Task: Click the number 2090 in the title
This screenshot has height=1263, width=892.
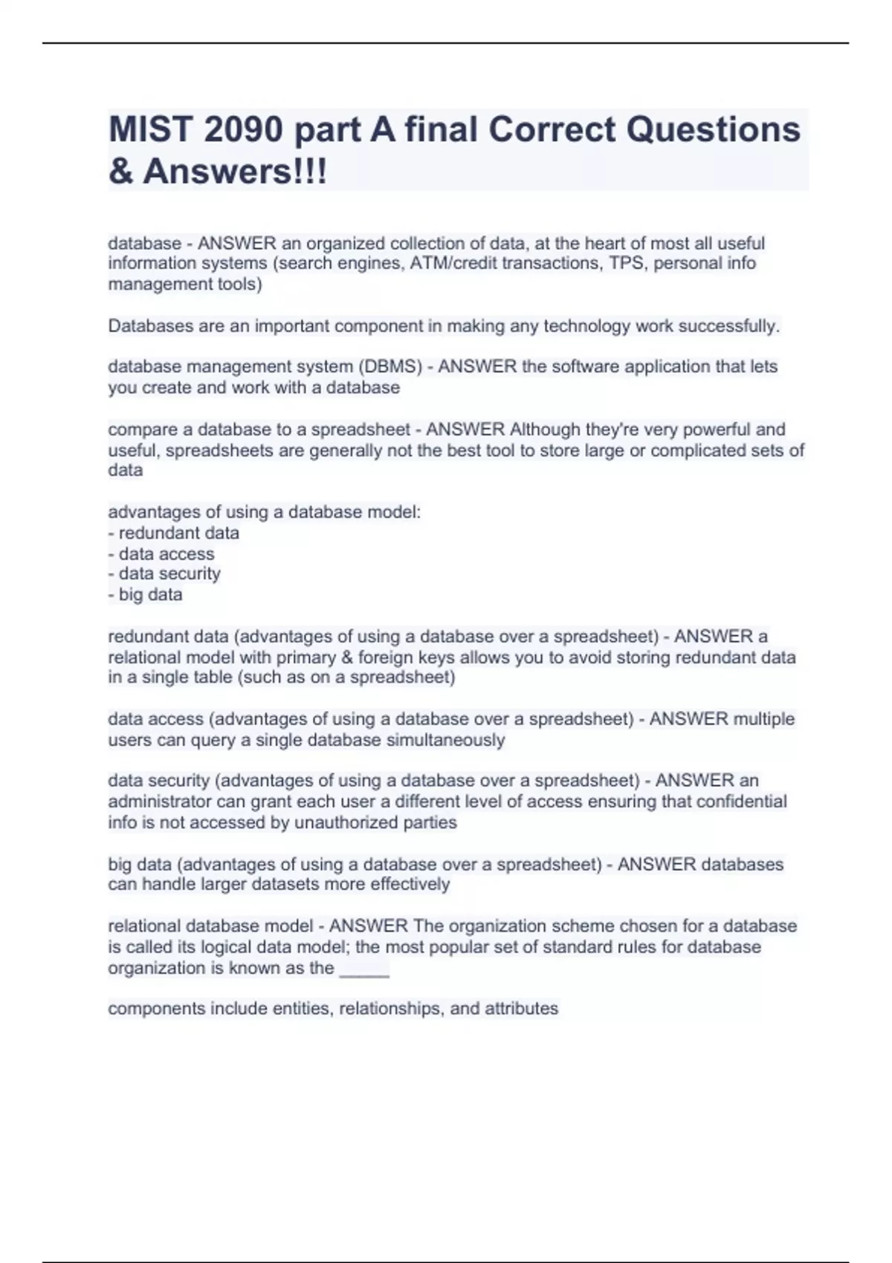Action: coord(243,130)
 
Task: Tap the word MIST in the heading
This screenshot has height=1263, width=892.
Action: coord(151,130)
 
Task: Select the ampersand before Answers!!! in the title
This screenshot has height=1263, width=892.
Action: coord(120,172)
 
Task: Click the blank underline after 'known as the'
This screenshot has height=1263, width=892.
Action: coord(364,970)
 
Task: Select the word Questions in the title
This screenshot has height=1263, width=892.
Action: coord(714,130)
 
